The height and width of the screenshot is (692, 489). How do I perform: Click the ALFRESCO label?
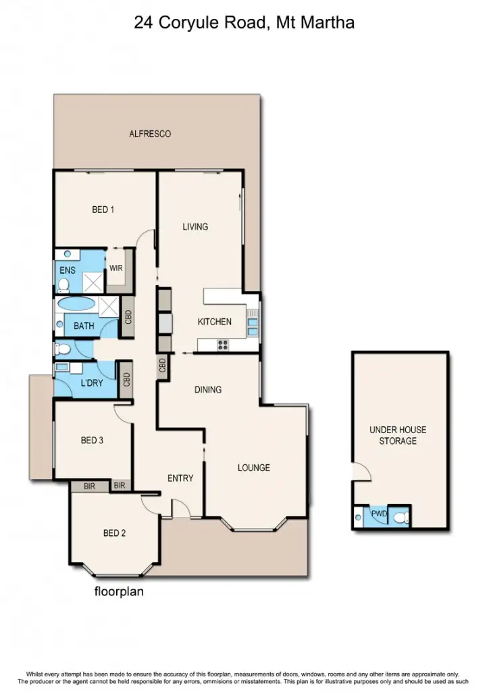click(x=150, y=134)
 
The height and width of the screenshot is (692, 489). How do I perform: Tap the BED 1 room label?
click(x=103, y=210)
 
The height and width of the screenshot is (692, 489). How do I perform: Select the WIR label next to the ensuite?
click(x=115, y=268)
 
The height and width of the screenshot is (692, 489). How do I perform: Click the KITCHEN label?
click(x=214, y=322)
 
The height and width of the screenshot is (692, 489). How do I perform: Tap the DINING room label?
click(x=208, y=390)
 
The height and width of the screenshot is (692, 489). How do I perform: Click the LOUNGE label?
click(x=253, y=468)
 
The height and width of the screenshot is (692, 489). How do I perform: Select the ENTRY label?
click(x=180, y=478)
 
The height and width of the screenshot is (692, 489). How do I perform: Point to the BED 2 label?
click(x=114, y=533)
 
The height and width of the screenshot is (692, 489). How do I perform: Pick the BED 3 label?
click(x=92, y=441)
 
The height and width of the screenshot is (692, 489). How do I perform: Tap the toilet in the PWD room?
click(x=401, y=517)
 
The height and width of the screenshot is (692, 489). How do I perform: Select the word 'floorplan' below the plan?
click(x=119, y=593)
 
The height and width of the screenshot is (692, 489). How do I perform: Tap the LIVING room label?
click(x=195, y=227)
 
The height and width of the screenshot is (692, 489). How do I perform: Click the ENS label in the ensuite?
click(x=67, y=270)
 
